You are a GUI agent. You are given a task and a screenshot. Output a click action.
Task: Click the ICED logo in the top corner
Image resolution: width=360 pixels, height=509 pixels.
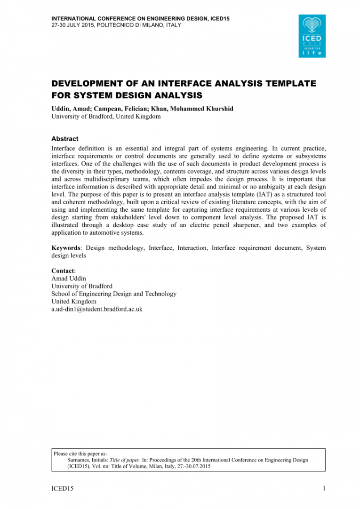coord(312,36)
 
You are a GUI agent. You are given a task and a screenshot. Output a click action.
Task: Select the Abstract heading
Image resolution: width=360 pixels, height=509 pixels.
coord(64,139)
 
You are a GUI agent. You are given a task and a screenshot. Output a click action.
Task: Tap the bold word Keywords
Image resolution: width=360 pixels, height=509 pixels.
coord(66,248)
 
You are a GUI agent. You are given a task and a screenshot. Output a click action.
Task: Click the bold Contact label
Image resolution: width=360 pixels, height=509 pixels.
coord(63,271)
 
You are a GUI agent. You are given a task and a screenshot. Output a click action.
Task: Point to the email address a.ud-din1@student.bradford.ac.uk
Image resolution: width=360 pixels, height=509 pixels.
coord(97,309)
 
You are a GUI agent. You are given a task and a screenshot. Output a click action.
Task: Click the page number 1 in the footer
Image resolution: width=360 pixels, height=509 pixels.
coord(324,489)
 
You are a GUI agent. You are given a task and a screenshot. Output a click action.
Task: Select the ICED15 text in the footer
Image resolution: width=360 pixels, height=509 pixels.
coord(62,489)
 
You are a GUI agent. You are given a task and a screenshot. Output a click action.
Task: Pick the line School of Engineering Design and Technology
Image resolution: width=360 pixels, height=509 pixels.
coord(114,294)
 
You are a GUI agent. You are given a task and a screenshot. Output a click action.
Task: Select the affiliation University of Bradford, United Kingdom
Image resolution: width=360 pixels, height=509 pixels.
coord(106,116)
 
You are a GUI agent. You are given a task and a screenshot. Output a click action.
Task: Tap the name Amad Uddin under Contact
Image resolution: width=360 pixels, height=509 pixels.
coord(69,278)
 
